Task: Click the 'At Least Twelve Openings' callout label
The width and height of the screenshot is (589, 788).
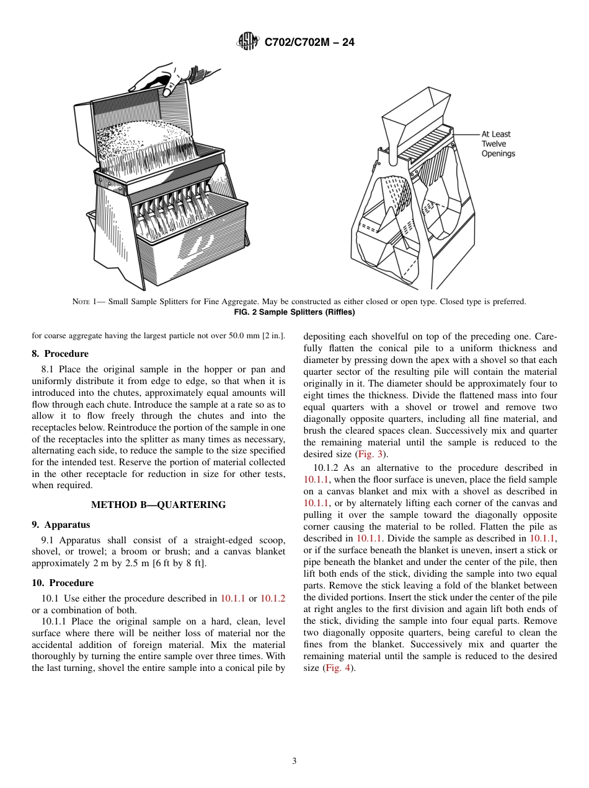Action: click(497, 144)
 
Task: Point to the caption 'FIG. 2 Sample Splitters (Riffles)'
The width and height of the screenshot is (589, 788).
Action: click(294, 312)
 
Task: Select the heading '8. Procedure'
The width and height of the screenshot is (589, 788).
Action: click(60, 354)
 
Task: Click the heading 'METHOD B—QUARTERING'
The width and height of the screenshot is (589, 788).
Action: click(158, 505)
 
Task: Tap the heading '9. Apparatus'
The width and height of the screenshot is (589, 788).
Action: click(61, 525)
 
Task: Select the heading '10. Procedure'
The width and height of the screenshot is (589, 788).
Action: click(63, 583)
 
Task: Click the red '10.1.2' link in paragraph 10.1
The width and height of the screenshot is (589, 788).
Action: click(272, 598)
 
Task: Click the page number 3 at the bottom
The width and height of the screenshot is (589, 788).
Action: click(294, 761)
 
